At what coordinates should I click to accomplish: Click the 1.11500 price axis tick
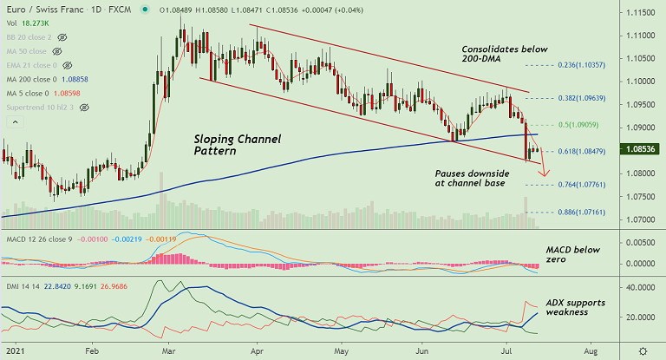pos(640,13)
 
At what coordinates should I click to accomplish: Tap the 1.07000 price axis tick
pos(640,220)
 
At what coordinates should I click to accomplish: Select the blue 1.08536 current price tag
pos(640,149)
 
